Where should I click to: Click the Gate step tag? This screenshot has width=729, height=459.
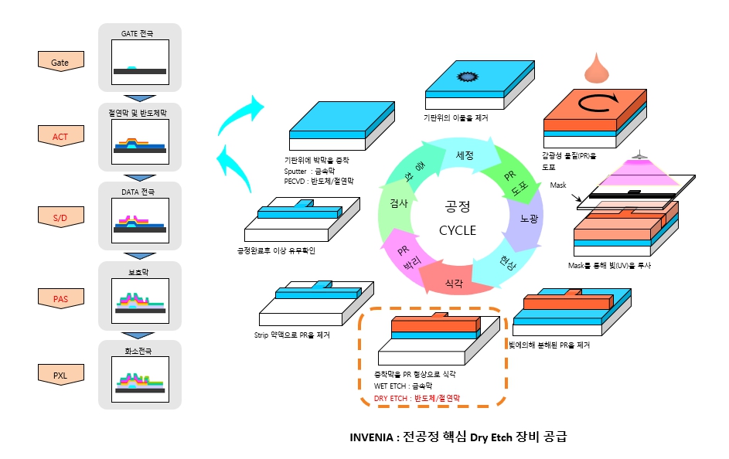(60, 62)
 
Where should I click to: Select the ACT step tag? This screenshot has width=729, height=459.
(60, 137)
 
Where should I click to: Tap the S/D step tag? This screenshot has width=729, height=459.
(60, 219)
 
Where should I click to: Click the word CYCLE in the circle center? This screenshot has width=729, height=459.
(458, 230)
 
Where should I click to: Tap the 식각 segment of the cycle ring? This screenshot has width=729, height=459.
(454, 284)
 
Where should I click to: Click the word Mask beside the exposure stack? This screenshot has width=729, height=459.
(558, 185)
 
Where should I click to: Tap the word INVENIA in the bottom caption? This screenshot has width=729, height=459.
(373, 437)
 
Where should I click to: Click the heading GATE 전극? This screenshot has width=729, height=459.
(138, 34)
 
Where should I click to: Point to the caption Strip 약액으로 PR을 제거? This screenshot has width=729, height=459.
(291, 335)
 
